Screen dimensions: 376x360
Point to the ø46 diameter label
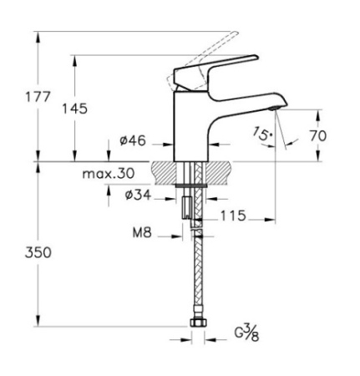coord(133,141)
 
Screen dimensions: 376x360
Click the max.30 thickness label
coord(109,174)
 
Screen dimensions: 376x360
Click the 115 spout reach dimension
coord(234,216)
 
